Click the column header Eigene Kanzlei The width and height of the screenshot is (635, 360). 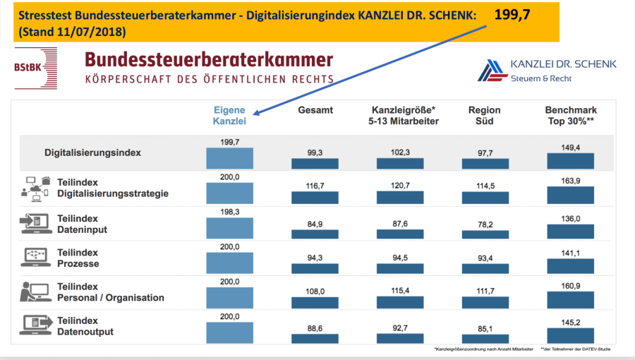[229, 116]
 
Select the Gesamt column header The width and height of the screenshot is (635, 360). [315, 110]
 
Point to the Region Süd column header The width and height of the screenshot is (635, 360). [484, 116]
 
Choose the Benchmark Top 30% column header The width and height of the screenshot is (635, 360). [571, 116]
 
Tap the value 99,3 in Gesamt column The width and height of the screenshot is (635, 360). [315, 152]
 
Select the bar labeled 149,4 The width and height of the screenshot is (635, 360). [570, 162]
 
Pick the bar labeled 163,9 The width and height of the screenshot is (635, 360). [570, 195]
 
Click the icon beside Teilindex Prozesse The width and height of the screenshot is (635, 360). [35, 257]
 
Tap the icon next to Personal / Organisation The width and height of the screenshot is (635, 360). [35, 292]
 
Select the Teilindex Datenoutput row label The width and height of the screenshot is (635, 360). [85, 326]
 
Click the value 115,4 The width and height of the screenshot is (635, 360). [399, 290]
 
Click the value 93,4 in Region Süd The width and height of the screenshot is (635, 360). [484, 258]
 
